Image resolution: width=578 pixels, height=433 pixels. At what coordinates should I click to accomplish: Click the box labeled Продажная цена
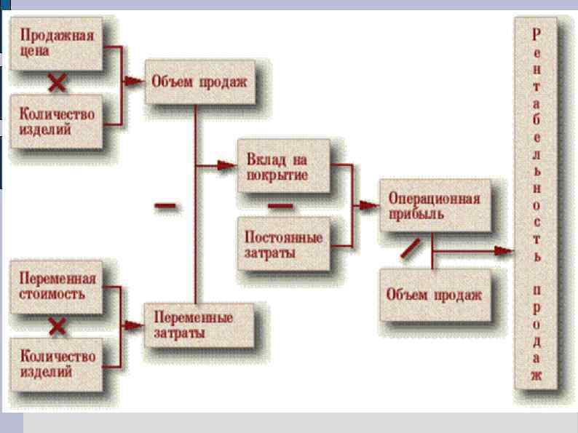57,43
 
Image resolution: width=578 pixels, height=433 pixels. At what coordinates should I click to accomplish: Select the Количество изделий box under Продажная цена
57,120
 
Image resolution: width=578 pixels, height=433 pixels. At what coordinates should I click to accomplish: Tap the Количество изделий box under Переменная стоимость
57,363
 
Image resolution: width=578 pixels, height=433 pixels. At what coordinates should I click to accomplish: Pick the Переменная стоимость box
57,287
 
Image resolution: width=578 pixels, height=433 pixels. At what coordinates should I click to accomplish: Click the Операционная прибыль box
433,205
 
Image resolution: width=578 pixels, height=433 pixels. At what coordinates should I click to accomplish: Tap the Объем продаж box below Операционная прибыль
433,295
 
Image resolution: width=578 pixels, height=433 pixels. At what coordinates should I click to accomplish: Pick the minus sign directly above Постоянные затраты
280,206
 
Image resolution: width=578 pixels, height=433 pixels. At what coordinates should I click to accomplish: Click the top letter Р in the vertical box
537,33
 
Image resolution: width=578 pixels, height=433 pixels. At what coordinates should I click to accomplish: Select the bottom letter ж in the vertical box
537,377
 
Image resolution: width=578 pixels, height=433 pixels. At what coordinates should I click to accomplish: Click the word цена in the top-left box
33,51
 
